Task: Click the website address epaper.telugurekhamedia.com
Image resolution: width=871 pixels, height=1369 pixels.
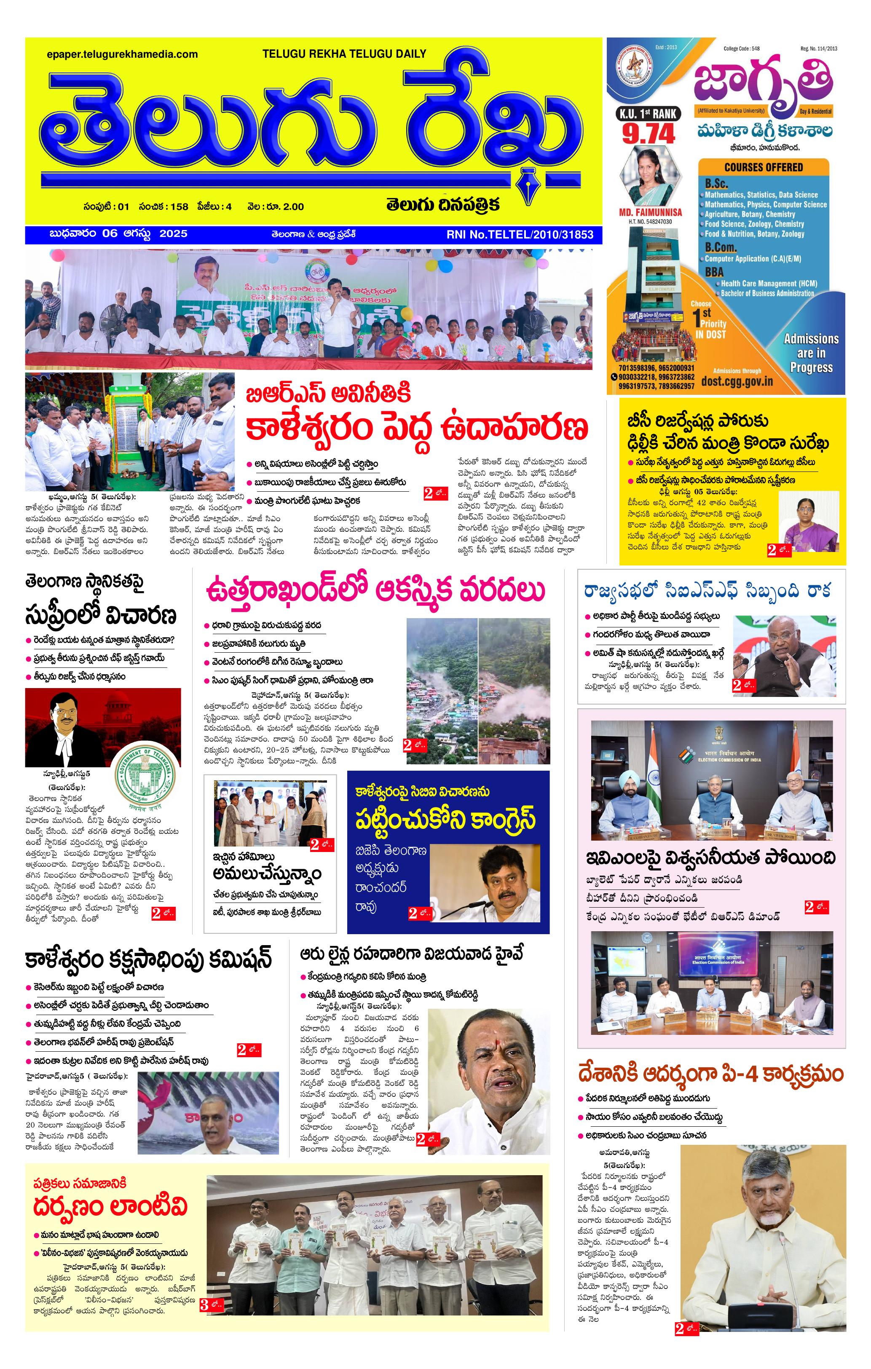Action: point(122,55)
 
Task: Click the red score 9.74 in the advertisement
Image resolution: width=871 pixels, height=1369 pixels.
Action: point(648,134)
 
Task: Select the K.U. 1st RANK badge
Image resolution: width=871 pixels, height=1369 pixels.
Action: point(648,114)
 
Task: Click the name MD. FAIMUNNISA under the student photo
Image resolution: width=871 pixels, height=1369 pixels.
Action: point(650,212)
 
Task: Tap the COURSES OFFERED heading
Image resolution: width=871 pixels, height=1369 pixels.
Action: point(763,167)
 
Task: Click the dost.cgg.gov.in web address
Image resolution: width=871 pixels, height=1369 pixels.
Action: point(737,381)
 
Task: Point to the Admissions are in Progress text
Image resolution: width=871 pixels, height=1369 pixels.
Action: point(811,353)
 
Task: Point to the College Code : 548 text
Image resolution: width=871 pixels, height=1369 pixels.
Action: point(741,49)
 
